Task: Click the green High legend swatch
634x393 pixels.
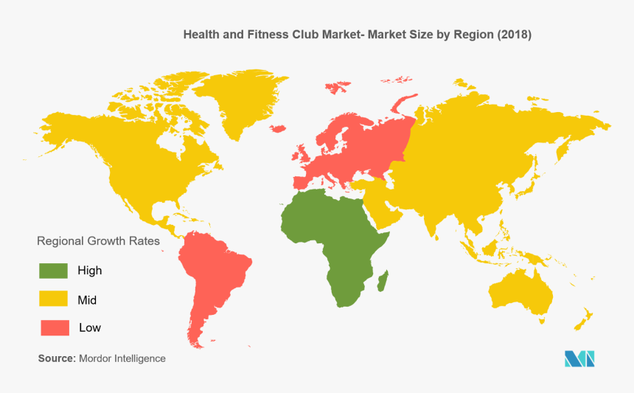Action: pos(54,271)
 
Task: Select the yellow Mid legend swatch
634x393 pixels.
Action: pos(54,299)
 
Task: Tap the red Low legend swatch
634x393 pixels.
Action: pos(54,327)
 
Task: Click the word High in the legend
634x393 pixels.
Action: pos(89,271)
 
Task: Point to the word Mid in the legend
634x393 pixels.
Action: pos(87,300)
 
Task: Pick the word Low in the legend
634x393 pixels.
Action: pos(90,327)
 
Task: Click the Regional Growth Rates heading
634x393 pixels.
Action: pos(98,241)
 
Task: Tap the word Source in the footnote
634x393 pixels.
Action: pos(56,358)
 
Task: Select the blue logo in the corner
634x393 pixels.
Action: pos(579,359)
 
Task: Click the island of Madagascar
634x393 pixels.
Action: pos(382,279)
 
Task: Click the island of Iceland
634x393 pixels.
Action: pos(278,128)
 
